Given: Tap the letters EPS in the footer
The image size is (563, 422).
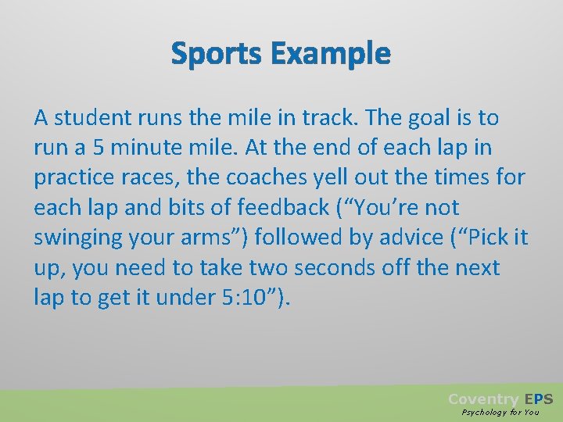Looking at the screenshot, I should coord(539,399).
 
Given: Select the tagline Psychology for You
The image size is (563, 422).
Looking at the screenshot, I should coord(500,412).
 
